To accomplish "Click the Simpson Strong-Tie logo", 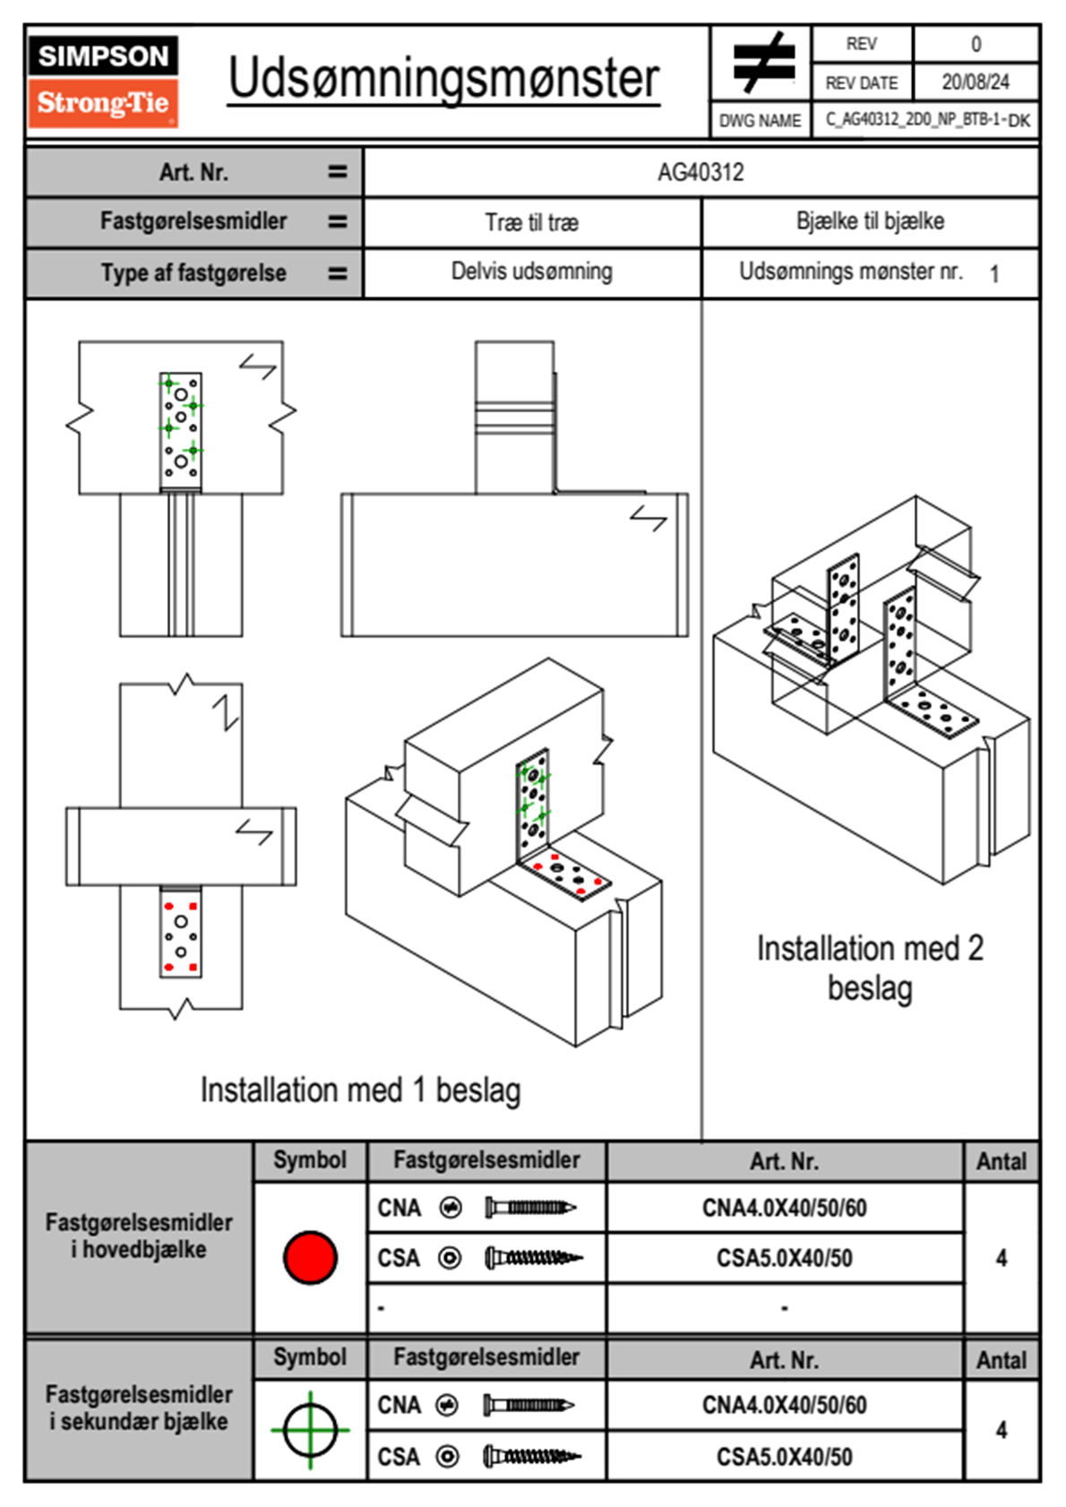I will click(103, 82).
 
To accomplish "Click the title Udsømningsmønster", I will click(443, 79).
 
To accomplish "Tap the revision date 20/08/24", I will click(975, 82).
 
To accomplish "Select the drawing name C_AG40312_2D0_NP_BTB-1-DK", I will click(927, 120).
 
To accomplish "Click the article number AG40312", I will click(701, 172).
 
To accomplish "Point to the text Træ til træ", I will click(532, 222).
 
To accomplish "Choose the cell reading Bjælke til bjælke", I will click(870, 221).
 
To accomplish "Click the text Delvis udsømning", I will click(532, 271).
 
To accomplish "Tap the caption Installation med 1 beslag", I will click(360, 1090).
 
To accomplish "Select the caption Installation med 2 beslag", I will click(870, 968).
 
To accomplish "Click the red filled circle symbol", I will click(310, 1257).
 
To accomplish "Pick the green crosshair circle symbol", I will click(310, 1430).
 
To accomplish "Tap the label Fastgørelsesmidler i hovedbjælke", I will click(139, 1236).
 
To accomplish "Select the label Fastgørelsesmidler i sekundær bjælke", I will click(139, 1408).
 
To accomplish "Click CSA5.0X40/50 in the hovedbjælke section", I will click(784, 1258).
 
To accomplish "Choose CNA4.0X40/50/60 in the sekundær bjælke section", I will click(784, 1405).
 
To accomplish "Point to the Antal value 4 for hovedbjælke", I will click(1002, 1258).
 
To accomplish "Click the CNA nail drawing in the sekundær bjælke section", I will click(529, 1405).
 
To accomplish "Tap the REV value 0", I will click(976, 44).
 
